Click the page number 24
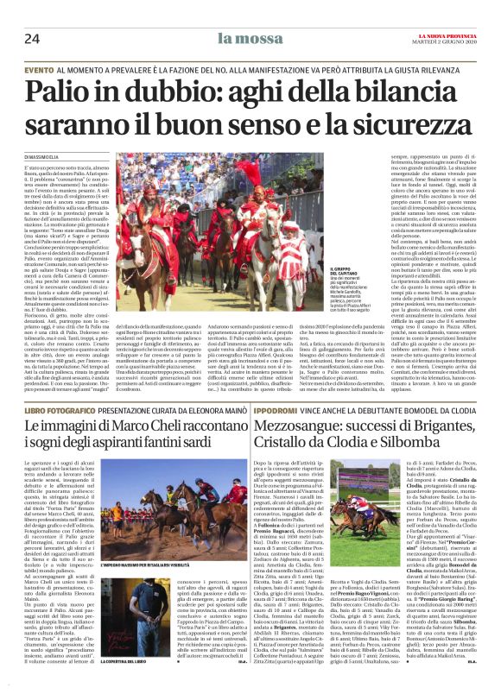33,38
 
